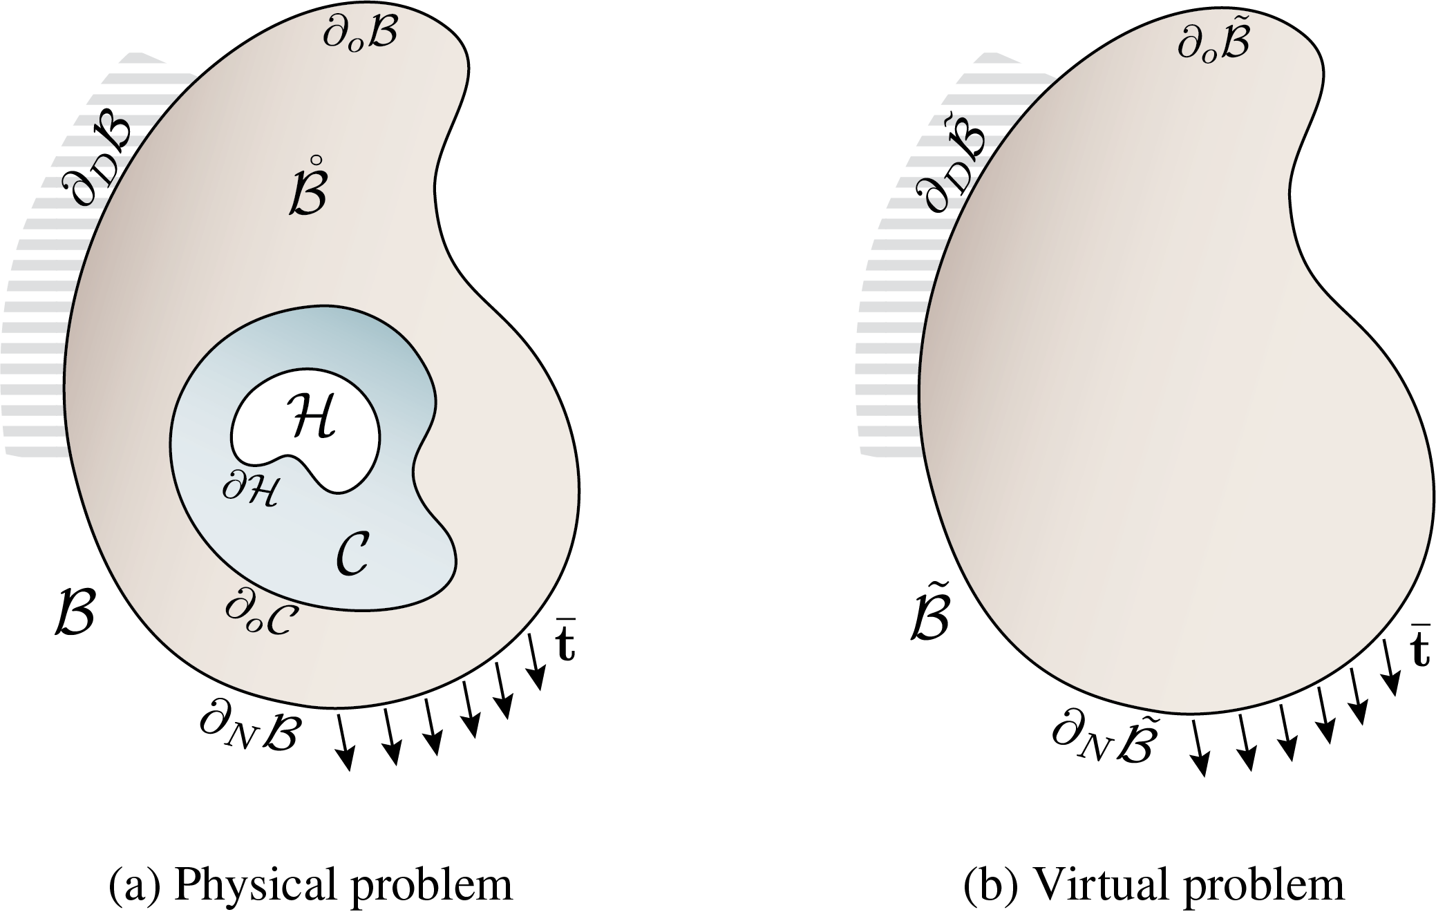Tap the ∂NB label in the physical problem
(x=249, y=730)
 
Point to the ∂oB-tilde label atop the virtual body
(x=1213, y=39)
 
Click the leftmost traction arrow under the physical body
(x=344, y=742)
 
